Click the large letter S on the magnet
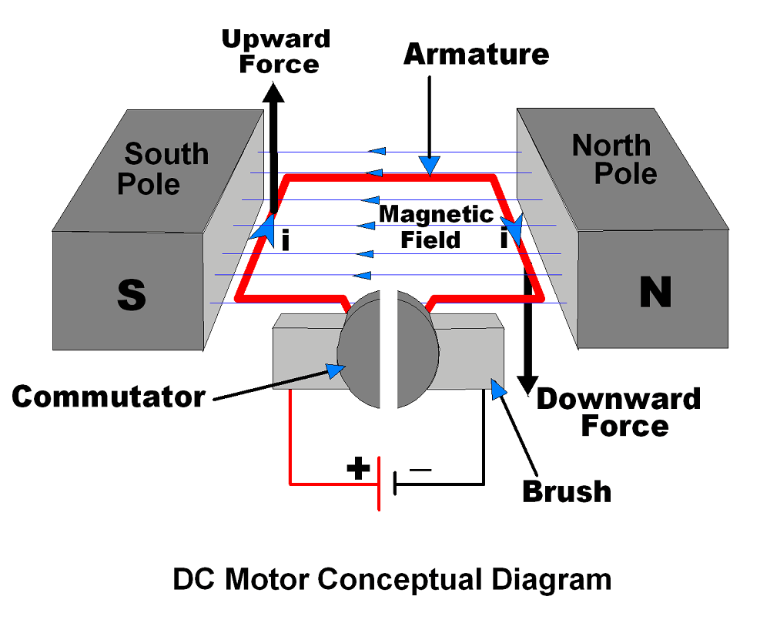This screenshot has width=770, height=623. pos(131,294)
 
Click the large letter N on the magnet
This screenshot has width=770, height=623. pos(654,293)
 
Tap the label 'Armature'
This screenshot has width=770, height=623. pos(477,54)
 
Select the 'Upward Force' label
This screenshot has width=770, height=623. pos(276,51)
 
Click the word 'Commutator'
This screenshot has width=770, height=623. pos(109,396)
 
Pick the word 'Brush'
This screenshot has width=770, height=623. pos(567,491)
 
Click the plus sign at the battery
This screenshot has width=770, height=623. pos(358,468)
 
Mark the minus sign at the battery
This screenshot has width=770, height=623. pos(420,467)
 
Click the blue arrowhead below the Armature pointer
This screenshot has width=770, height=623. pos(430,164)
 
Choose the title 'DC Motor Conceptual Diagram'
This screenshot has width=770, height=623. pos(392,579)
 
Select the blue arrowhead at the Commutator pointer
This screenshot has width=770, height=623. pos(334,371)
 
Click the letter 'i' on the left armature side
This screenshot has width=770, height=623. pos(285,241)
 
